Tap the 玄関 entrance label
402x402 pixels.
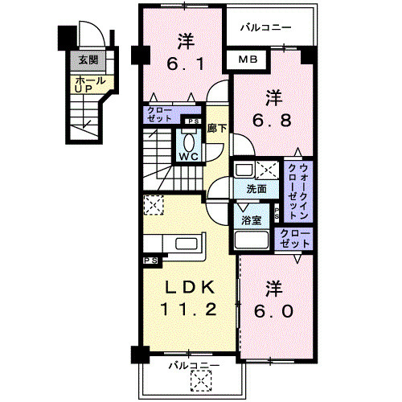click(x=86, y=59)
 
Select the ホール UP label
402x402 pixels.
click(x=85, y=84)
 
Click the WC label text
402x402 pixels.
click(x=190, y=156)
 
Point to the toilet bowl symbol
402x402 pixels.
click(x=191, y=137)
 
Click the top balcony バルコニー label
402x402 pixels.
click(x=265, y=27)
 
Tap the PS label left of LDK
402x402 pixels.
click(x=151, y=261)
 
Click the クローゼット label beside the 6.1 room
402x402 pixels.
click(x=162, y=114)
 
